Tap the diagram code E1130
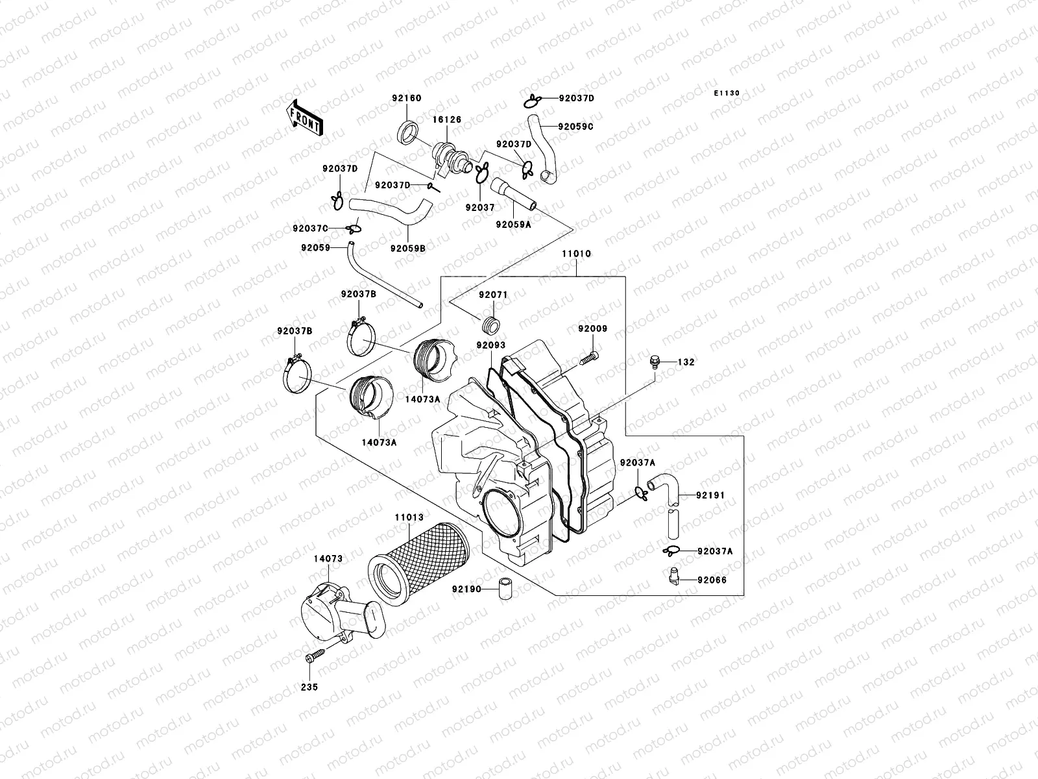pos(727,93)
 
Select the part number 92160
pos(406,99)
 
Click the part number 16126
pos(447,120)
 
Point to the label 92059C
pos(576,127)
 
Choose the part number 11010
pos(576,254)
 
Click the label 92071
pos(494,295)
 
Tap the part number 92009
pos(593,329)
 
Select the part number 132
pos(686,362)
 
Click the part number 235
pos(309,687)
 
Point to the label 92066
pos(712,580)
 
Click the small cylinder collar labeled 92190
pos(505,589)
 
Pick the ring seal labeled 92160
pos(407,133)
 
